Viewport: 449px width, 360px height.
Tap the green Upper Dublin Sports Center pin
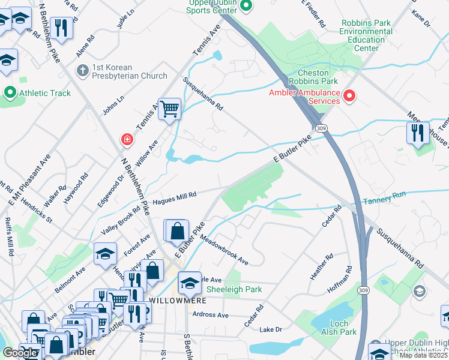(x=246, y=6)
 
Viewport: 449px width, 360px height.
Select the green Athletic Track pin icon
(x=10, y=93)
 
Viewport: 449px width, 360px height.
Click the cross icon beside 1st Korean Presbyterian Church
(x=83, y=71)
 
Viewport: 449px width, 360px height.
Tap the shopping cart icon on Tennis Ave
(x=170, y=109)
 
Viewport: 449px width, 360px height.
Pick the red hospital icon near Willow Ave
(x=127, y=140)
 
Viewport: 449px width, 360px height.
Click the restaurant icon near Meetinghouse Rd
(x=418, y=133)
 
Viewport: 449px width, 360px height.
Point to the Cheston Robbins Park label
(x=313, y=76)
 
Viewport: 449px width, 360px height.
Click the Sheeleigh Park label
(x=234, y=289)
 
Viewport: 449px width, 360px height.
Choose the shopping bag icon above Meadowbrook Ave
(x=178, y=231)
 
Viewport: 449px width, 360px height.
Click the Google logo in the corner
(x=20, y=353)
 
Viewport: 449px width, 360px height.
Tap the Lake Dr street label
(x=270, y=329)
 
